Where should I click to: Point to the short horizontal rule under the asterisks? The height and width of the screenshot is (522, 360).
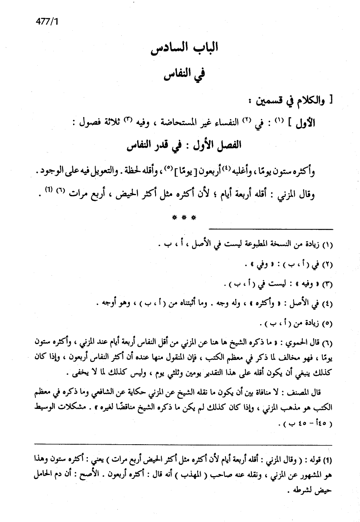pyautogui.click(x=271, y=229)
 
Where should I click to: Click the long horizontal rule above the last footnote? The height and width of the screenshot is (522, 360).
pyautogui.click(x=183, y=444)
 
